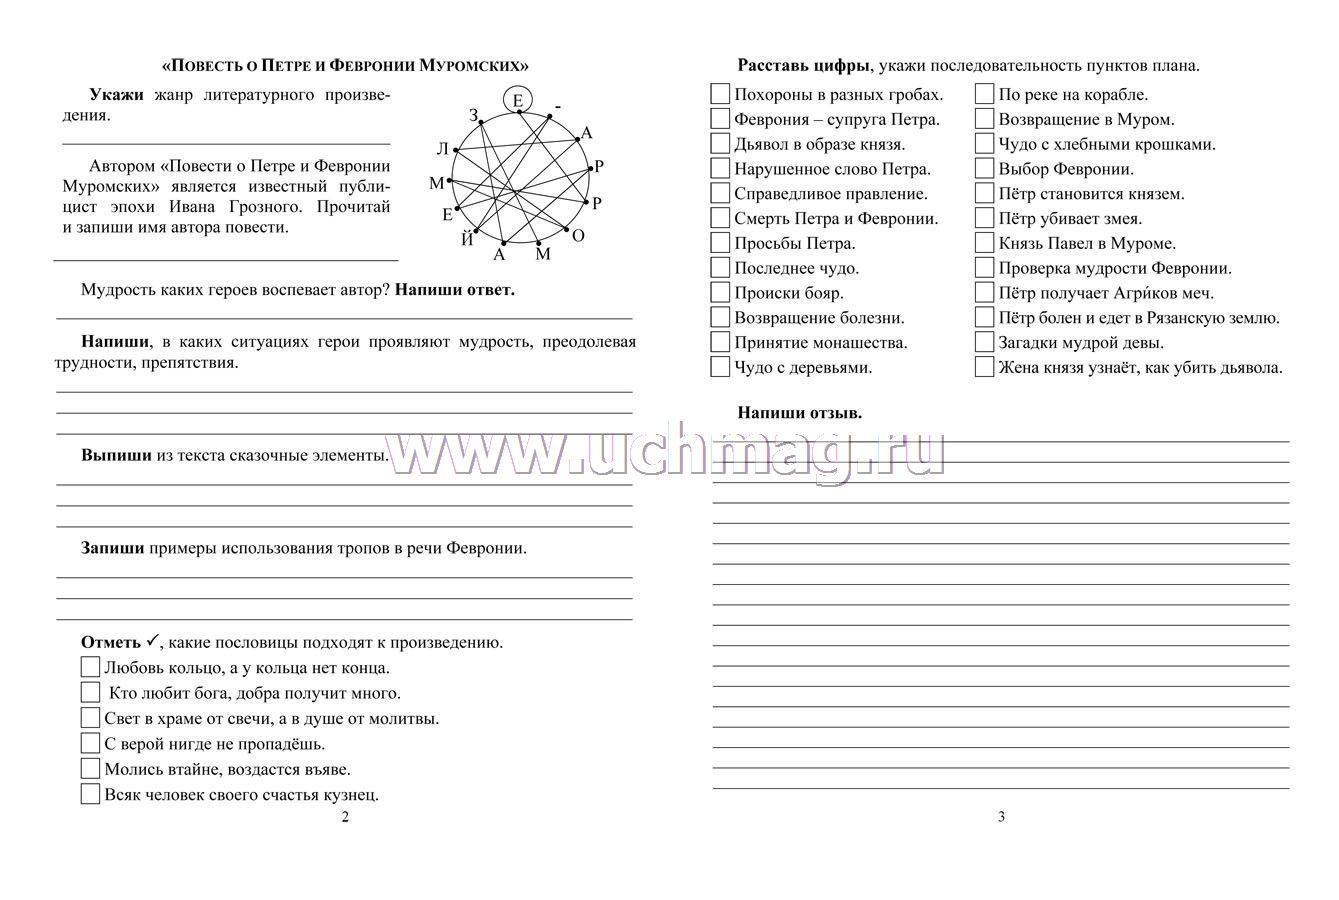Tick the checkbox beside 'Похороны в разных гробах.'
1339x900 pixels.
tap(720, 95)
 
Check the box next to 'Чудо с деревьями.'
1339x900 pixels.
tap(720, 367)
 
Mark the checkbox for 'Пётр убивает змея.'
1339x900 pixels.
tap(984, 218)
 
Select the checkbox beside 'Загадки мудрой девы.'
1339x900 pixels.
tap(984, 342)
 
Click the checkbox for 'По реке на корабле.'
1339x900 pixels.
tap(984, 95)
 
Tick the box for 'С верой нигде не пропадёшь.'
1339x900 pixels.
tap(90, 743)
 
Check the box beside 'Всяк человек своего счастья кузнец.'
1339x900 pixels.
tap(90, 795)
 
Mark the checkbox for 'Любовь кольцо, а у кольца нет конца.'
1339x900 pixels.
tap(90, 667)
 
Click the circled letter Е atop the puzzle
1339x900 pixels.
tap(517, 100)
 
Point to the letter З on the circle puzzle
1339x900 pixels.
tap(474, 116)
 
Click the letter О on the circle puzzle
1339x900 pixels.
tap(578, 235)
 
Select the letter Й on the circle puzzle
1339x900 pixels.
tap(467, 239)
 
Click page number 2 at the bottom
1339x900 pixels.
tap(346, 817)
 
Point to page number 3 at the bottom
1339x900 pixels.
tap(1002, 817)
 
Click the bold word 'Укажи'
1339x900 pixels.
tap(116, 95)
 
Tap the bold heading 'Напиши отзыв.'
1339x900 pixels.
tap(799, 412)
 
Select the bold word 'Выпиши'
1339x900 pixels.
tap(116, 455)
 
